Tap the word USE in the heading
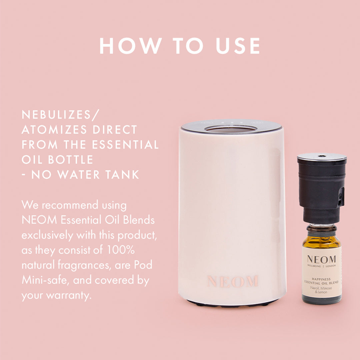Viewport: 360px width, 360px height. [238, 46]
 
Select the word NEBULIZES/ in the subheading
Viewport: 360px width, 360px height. [60, 115]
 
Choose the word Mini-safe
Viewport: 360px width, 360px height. [45, 281]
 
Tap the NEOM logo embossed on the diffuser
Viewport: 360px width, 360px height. [232, 281]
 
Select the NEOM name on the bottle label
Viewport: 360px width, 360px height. [321, 259]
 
